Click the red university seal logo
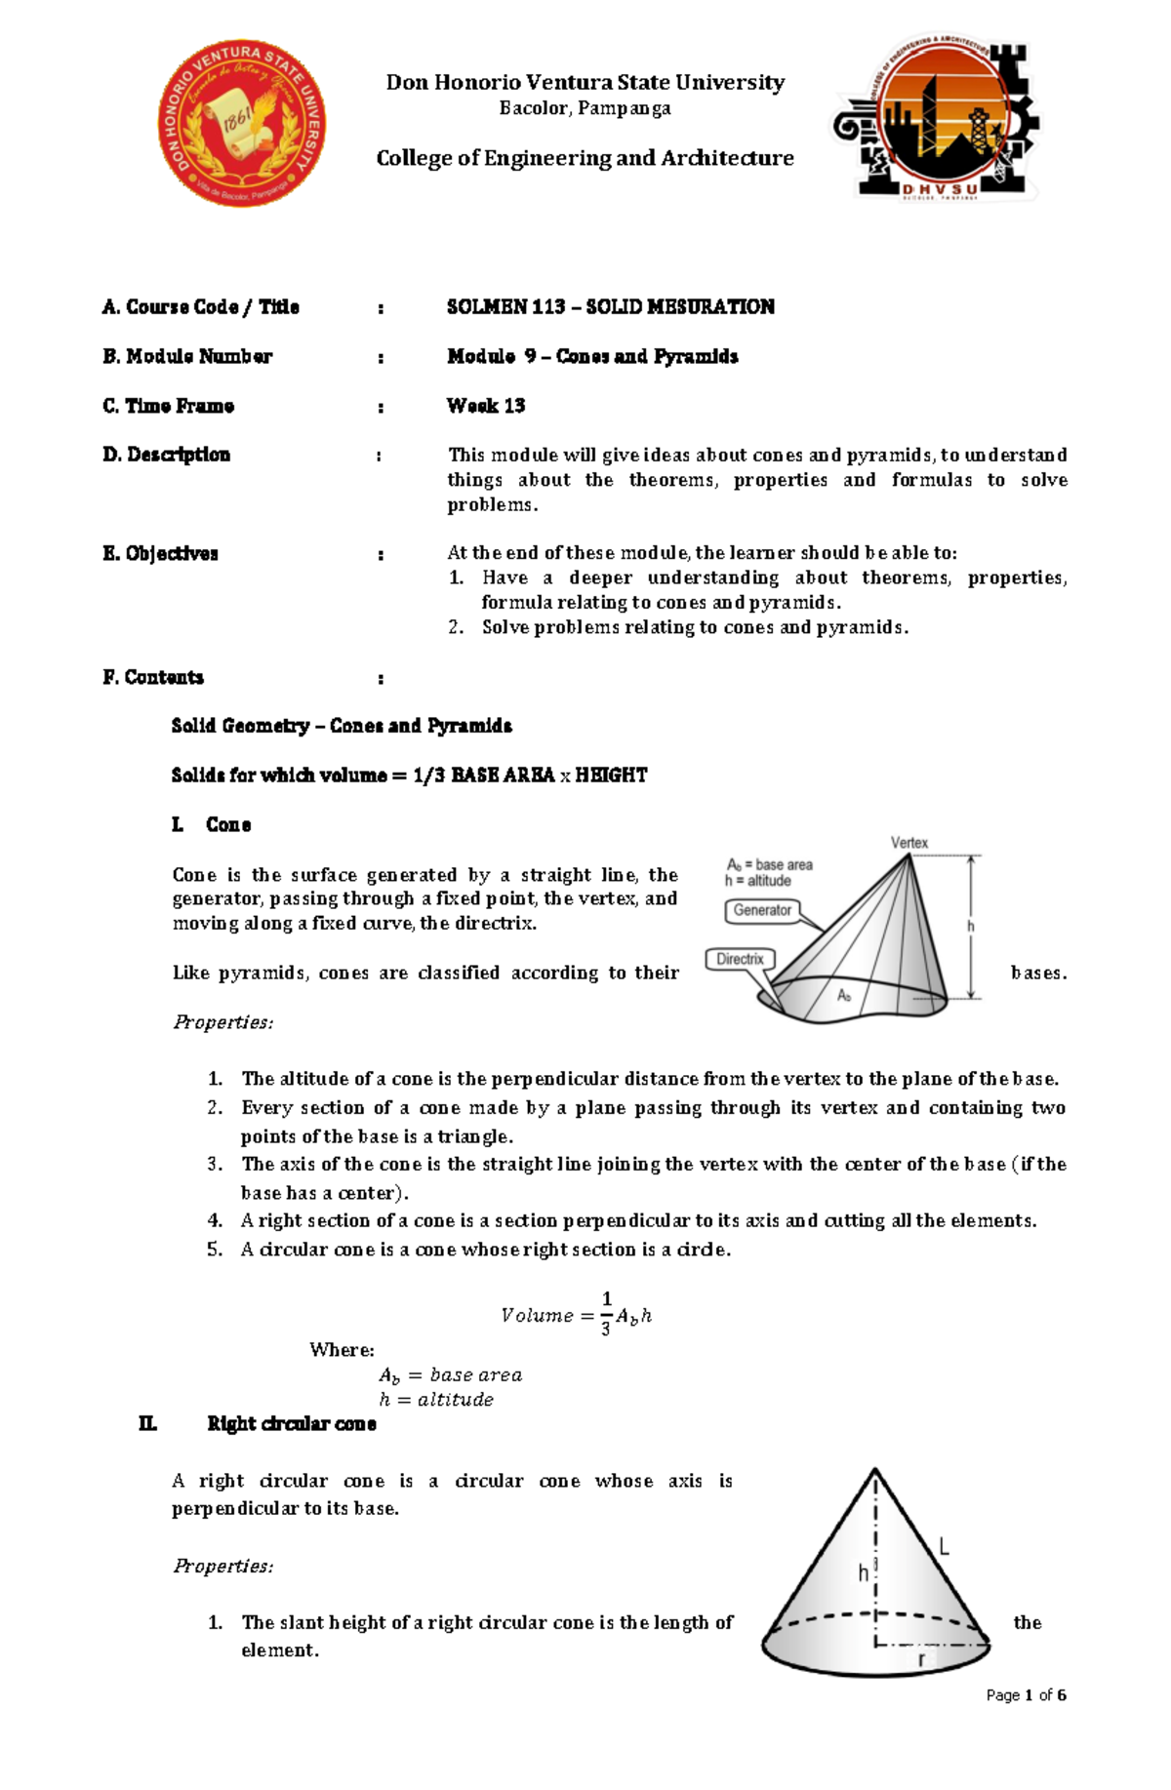pyautogui.click(x=242, y=123)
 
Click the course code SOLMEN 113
pyautogui.click(x=505, y=307)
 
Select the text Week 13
pyautogui.click(x=486, y=406)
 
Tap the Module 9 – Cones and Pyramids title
pyautogui.click(x=592, y=356)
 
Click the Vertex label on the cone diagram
pyautogui.click(x=909, y=843)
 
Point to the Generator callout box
pyautogui.click(x=762, y=910)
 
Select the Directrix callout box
pyautogui.click(x=740, y=959)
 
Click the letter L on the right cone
pyautogui.click(x=944, y=1546)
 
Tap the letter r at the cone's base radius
pyautogui.click(x=921, y=1659)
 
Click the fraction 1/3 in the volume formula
pyautogui.click(x=606, y=1313)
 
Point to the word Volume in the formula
pyautogui.click(x=537, y=1316)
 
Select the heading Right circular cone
pyautogui.click(x=291, y=1424)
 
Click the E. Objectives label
pyautogui.click(x=160, y=554)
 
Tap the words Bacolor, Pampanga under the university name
pyautogui.click(x=585, y=108)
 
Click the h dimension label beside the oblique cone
pyautogui.click(x=970, y=926)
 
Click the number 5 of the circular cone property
pyautogui.click(x=214, y=1250)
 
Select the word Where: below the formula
pyautogui.click(x=342, y=1350)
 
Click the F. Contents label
pyautogui.click(x=153, y=677)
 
